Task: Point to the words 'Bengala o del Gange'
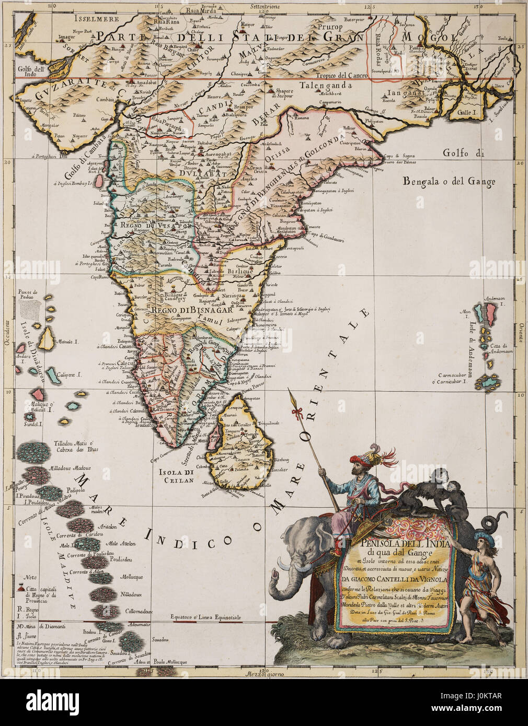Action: coord(449,182)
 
